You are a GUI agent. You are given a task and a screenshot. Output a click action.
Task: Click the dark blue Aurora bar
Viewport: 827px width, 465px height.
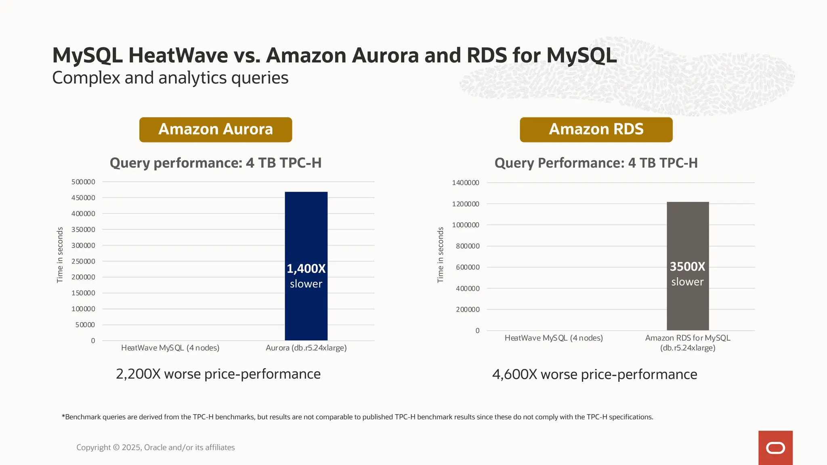(306, 226)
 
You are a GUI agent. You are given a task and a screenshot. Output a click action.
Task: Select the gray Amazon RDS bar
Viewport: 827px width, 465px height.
(688, 234)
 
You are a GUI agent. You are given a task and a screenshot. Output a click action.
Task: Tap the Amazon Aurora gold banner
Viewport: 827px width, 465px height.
(216, 130)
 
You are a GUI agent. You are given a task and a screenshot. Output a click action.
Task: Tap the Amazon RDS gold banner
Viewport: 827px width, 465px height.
(596, 130)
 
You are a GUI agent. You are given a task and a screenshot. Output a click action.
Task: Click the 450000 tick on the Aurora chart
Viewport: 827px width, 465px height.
(83, 198)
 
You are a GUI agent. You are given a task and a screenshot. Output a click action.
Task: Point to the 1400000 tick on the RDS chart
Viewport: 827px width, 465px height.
(466, 183)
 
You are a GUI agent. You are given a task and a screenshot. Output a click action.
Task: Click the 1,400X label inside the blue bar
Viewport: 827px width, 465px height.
(306, 269)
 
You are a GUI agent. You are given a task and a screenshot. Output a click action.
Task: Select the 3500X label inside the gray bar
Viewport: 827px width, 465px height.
(687, 267)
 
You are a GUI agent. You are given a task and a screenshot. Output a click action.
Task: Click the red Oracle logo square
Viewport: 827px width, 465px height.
(775, 448)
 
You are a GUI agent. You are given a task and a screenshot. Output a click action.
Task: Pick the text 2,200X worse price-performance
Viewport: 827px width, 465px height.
(218, 374)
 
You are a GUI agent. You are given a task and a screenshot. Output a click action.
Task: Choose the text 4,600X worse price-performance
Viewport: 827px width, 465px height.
(594, 375)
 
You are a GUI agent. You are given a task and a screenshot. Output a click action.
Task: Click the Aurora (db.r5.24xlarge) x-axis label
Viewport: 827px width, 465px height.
(306, 348)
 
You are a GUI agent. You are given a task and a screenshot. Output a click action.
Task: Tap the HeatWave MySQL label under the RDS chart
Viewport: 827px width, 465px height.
(554, 338)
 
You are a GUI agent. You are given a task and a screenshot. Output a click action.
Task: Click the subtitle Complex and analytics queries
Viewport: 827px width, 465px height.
(170, 78)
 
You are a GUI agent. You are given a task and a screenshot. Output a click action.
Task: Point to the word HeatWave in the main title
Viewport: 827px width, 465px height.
(178, 55)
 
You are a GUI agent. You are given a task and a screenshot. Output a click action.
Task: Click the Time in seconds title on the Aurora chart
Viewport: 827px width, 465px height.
(60, 255)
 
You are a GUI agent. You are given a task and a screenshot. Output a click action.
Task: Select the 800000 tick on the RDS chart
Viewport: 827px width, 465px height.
(468, 246)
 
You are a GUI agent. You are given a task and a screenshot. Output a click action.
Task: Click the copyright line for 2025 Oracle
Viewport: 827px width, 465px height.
(155, 447)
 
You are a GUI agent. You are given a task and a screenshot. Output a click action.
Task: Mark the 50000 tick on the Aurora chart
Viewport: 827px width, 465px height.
(85, 325)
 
